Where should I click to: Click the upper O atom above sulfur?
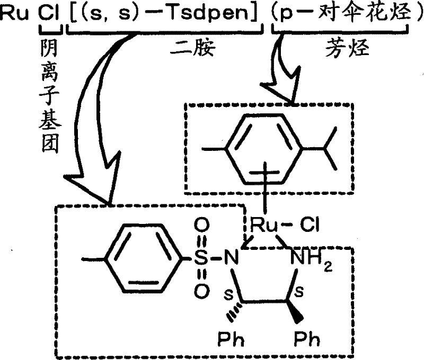(x=200, y=228)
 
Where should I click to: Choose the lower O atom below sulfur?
(x=200, y=290)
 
